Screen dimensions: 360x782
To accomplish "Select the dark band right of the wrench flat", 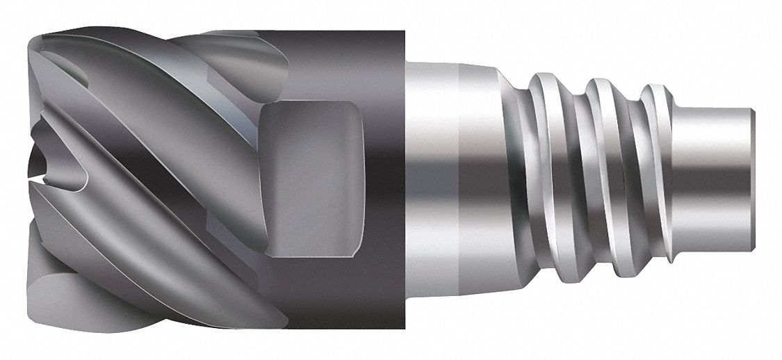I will (386, 181).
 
